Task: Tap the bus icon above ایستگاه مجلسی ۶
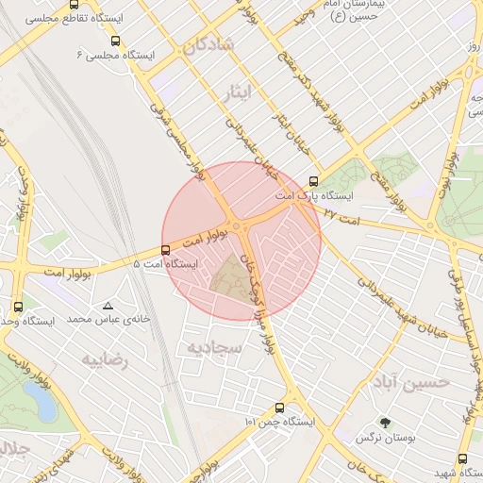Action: [x=115, y=41]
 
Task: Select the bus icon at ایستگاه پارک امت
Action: [x=314, y=181]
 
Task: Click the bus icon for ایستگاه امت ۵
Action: [x=166, y=250]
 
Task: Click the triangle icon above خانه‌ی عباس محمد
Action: [x=109, y=306]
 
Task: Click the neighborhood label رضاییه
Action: [x=104, y=359]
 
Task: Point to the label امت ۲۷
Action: [x=341, y=215]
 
